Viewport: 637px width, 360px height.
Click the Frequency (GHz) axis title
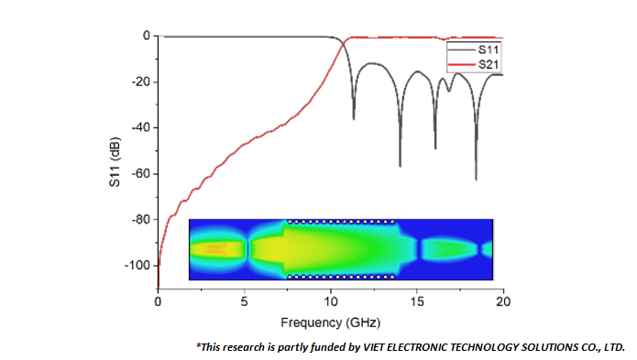[x=330, y=322]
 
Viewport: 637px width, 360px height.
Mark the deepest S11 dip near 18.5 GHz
[x=476, y=179]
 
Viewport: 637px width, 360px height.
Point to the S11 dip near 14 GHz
[x=400, y=165]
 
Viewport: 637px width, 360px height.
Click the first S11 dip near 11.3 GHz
[x=354, y=118]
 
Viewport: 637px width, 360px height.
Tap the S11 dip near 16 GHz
[x=435, y=147]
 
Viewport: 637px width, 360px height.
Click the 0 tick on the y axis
[x=146, y=37]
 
